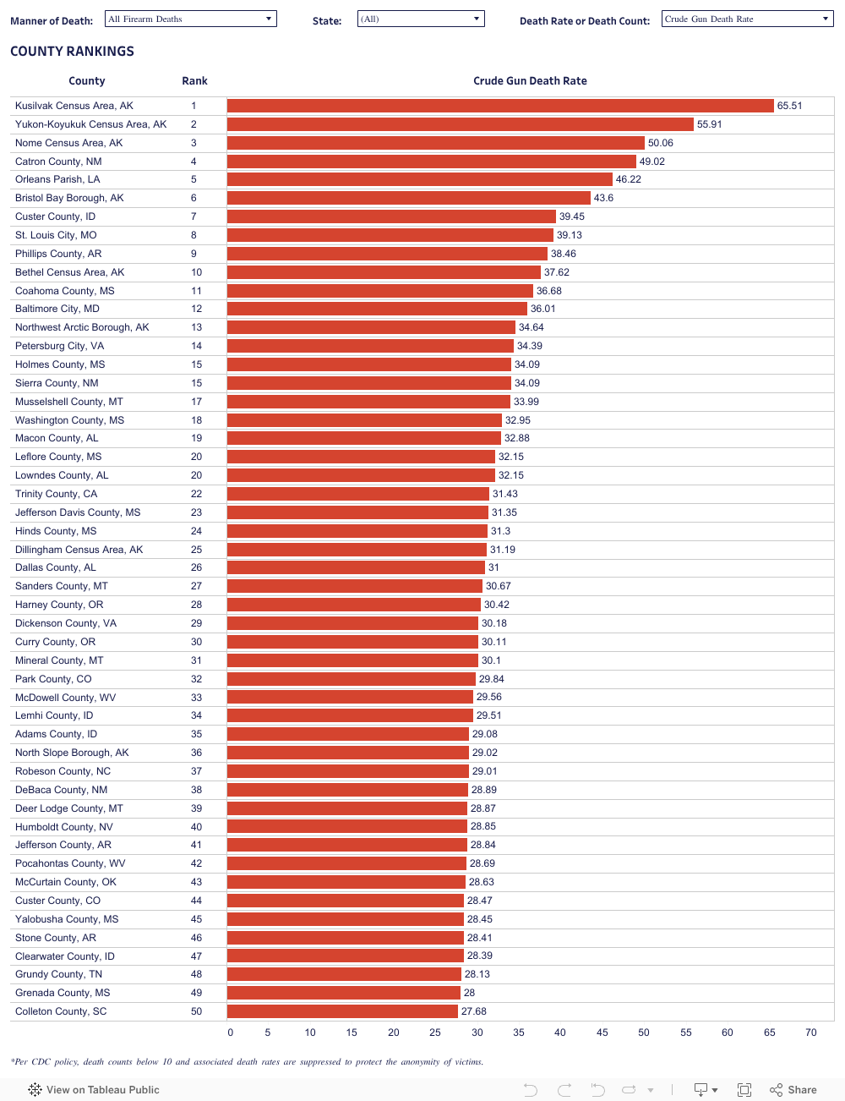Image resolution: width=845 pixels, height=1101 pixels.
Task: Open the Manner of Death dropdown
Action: (191, 19)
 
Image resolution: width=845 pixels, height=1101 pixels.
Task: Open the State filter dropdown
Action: (421, 19)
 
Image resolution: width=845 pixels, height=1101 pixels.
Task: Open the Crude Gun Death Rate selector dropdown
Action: (748, 19)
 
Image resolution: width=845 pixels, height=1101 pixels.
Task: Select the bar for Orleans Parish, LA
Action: (419, 179)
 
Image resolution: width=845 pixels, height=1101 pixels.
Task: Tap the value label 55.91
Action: (710, 124)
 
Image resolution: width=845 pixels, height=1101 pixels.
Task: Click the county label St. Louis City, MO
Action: (56, 235)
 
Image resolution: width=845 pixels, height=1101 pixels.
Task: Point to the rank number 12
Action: (196, 309)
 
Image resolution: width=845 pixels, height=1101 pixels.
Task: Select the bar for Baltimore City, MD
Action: (377, 309)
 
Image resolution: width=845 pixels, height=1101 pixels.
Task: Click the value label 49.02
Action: (652, 162)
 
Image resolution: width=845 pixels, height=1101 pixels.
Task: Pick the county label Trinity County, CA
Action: (56, 494)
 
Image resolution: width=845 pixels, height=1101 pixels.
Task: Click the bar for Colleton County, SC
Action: (342, 1011)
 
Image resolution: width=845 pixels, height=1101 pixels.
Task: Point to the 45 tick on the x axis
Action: (602, 1033)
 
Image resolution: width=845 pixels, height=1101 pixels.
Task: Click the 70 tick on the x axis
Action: (811, 1033)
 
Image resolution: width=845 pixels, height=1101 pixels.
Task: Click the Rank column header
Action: (194, 81)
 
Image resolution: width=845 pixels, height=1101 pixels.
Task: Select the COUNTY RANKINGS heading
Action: (72, 52)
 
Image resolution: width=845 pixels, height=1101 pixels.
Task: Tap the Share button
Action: (793, 1090)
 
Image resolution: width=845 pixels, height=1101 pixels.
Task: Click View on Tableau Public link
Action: (94, 1090)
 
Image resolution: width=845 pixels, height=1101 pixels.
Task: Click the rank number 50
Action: (196, 1011)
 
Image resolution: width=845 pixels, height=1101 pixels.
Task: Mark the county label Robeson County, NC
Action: (63, 771)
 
